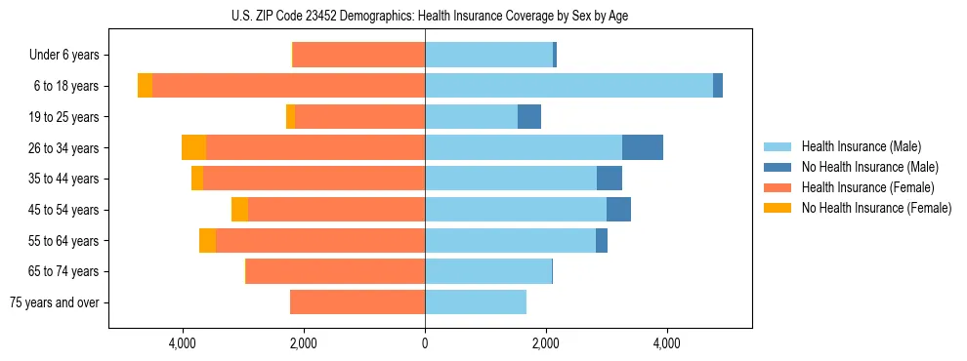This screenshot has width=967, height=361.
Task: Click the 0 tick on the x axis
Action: [425, 343]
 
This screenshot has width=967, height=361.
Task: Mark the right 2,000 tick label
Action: [546, 343]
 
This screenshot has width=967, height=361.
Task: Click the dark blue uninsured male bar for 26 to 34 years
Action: [643, 147]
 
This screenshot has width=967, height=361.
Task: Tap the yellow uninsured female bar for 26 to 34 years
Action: [193, 147]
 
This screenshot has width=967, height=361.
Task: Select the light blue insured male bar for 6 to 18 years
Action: [568, 86]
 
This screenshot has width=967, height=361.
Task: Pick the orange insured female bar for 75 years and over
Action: [357, 302]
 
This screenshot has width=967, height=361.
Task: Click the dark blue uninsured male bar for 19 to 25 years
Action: [529, 117]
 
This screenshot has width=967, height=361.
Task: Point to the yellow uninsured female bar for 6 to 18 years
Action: [145, 86]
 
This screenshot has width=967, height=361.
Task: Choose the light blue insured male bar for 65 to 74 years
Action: [488, 271]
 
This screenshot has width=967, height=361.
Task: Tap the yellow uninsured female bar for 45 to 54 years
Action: [239, 210]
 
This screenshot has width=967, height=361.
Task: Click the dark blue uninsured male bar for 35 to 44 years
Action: [610, 179]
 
